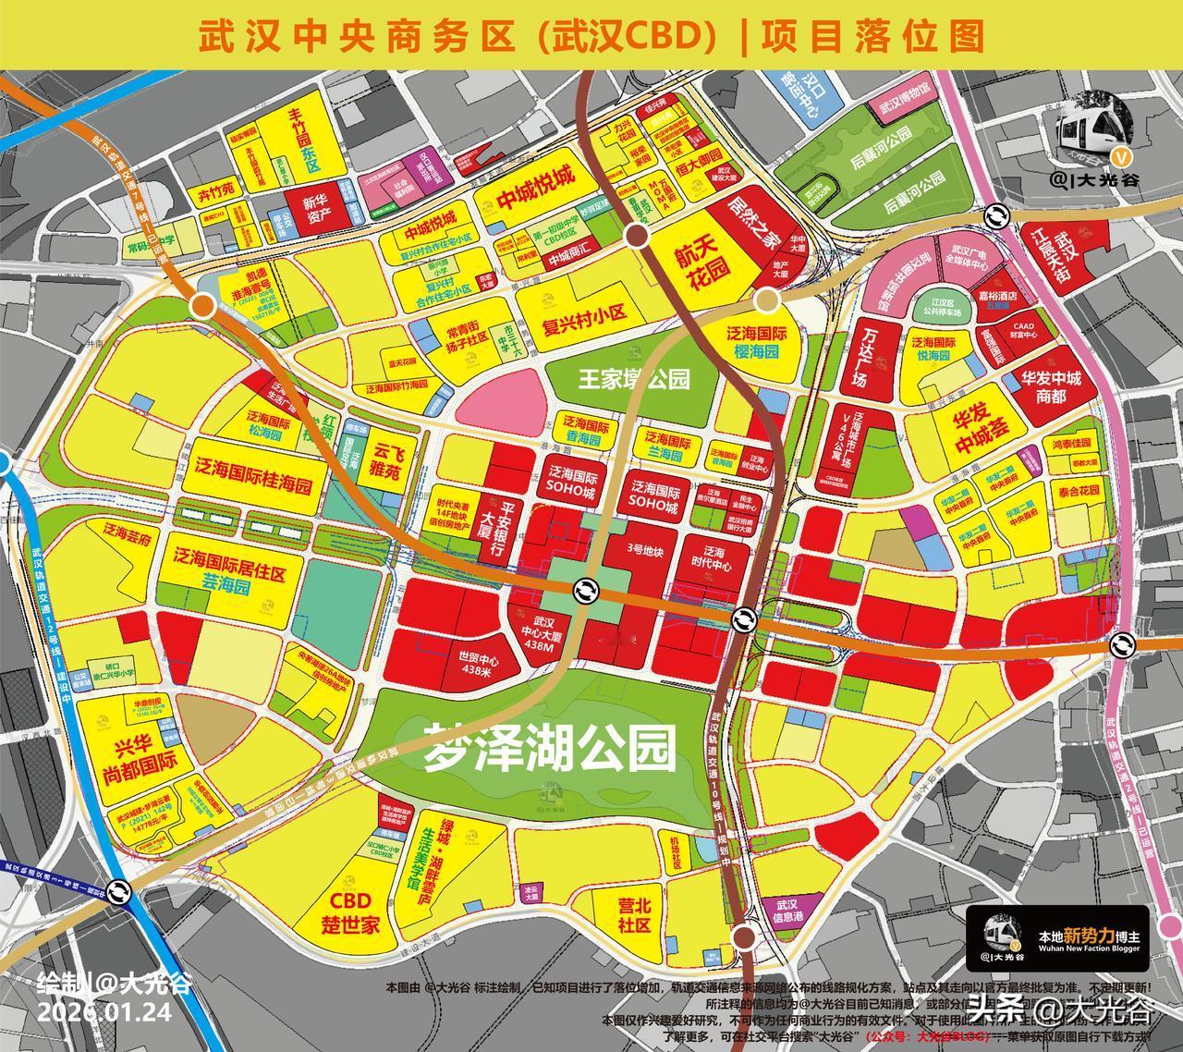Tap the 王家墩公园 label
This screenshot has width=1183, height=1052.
634,379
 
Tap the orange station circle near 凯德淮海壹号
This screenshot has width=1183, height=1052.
202,306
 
